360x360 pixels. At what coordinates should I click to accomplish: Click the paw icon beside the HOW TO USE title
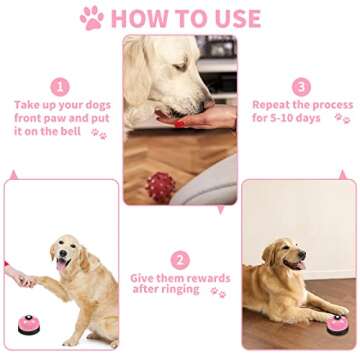click(92, 17)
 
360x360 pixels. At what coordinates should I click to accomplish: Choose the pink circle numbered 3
click(301, 87)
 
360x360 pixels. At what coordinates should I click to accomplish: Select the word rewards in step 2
click(207, 277)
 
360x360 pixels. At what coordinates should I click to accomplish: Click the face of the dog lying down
click(292, 257)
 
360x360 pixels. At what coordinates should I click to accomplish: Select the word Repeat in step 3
click(272, 105)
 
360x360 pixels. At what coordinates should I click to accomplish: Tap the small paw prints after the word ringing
click(217, 291)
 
